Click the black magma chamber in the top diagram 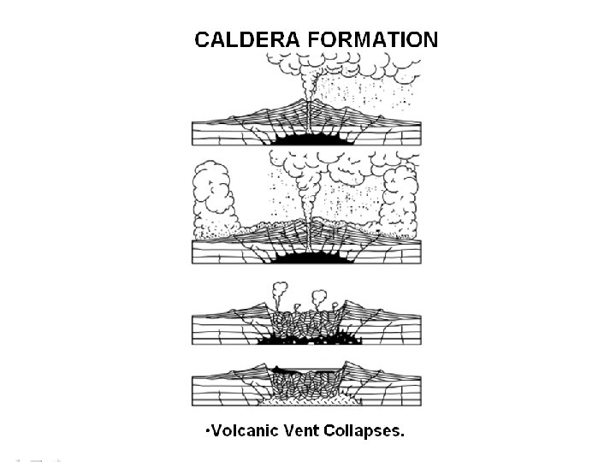(x=305, y=136)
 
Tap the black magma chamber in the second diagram (x=305, y=256)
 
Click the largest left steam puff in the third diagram (x=279, y=291)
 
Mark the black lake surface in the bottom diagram (x=305, y=370)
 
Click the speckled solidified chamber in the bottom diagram (x=305, y=397)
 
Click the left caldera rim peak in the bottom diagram (x=266, y=364)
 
